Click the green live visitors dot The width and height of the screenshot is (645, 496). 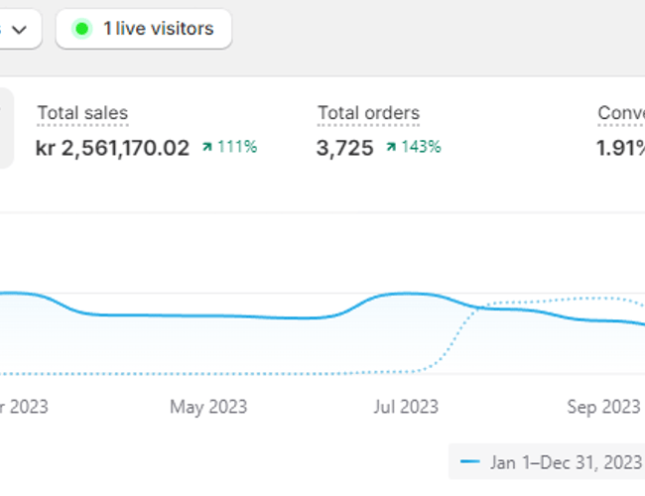tap(81, 29)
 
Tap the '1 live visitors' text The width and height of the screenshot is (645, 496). tap(158, 29)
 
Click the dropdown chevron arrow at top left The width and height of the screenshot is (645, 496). tap(18, 30)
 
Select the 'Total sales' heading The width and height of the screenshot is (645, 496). tap(82, 114)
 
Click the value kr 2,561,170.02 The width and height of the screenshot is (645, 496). tap(112, 149)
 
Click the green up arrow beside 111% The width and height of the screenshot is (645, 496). tap(207, 148)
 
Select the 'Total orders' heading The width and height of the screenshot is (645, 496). tap(368, 114)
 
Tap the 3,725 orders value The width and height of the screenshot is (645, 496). tap(345, 149)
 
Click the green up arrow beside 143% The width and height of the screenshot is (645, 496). tap(392, 148)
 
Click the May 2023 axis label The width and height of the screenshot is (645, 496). tap(208, 407)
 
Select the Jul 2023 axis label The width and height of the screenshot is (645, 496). tap(405, 407)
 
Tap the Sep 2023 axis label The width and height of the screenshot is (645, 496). tap(603, 407)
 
